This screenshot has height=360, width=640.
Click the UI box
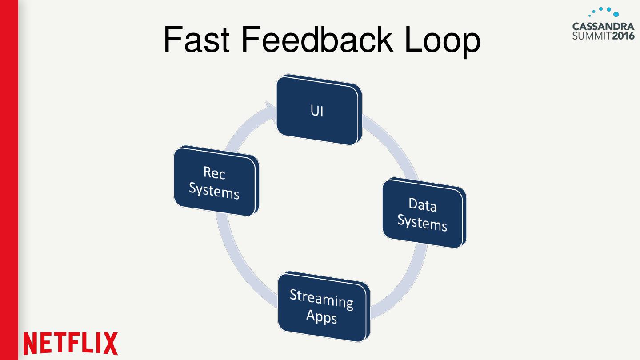pyautogui.click(x=319, y=110)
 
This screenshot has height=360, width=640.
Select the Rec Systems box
pyautogui.click(x=216, y=181)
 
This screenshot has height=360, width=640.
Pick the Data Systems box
pyautogui.click(x=424, y=213)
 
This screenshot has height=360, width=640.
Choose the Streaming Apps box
pyautogui.click(x=324, y=307)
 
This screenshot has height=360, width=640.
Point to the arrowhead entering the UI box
pyautogui.click(x=271, y=112)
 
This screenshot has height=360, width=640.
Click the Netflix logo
pyautogui.click(x=70, y=344)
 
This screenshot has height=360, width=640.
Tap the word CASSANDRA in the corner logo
pyautogui.click(x=603, y=27)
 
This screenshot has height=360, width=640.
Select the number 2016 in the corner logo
pyautogui.click(x=624, y=36)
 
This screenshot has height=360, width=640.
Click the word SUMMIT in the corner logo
pyautogui.click(x=592, y=36)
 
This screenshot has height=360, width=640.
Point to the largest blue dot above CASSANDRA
pyautogui.click(x=616, y=14)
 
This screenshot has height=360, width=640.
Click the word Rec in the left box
pyautogui.click(x=214, y=173)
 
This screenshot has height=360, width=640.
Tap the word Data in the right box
pyautogui.click(x=422, y=205)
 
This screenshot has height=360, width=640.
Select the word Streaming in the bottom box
pyautogui.click(x=321, y=299)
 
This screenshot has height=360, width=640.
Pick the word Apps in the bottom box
pyautogui.click(x=321, y=317)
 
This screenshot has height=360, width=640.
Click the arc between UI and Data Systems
pyautogui.click(x=394, y=143)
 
